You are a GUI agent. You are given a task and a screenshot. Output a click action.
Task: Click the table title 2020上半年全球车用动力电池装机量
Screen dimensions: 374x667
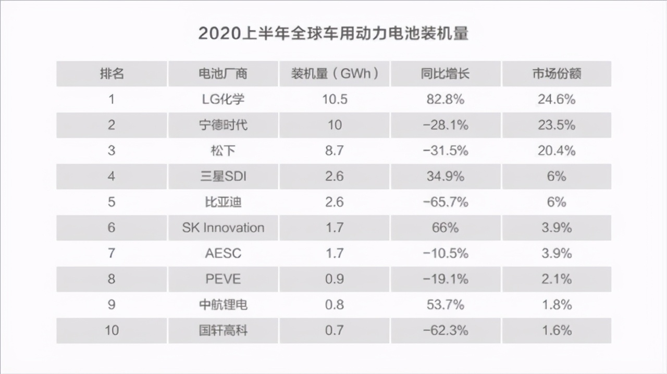333,33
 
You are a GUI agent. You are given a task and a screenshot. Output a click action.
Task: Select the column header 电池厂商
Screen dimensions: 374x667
223,73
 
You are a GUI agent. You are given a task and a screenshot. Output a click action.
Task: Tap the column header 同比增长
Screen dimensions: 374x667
445,73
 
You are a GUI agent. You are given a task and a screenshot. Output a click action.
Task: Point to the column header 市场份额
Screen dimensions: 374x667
557,73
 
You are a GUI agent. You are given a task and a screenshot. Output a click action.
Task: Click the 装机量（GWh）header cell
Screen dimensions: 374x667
334,73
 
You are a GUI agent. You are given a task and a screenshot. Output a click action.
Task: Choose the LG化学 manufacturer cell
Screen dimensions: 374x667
223,99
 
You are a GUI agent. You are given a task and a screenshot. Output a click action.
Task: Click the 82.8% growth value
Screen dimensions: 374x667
445,99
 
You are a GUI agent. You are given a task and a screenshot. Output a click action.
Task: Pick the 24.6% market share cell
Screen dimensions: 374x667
557,99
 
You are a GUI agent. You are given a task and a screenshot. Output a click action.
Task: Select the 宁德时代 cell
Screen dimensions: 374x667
223,125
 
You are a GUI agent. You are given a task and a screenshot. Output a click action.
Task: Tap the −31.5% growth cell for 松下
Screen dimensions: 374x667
445,151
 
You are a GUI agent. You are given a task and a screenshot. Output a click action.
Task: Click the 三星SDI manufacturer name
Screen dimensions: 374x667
223,176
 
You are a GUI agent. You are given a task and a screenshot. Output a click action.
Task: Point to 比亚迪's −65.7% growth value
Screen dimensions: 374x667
445,202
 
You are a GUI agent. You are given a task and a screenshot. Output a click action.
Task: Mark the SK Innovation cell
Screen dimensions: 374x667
223,228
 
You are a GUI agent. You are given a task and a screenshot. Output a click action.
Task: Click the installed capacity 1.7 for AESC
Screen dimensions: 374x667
334,253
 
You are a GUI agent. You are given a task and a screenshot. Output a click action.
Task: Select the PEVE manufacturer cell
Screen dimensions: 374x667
223,279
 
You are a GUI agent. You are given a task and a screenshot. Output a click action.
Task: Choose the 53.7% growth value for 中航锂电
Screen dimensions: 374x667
445,304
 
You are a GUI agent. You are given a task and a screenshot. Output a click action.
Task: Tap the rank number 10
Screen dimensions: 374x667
112,330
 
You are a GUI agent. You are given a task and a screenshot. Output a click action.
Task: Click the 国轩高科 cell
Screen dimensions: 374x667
223,330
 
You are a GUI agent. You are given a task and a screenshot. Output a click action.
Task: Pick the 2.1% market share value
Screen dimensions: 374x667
557,279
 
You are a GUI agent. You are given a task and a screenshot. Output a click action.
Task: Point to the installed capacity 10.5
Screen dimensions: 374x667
334,99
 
